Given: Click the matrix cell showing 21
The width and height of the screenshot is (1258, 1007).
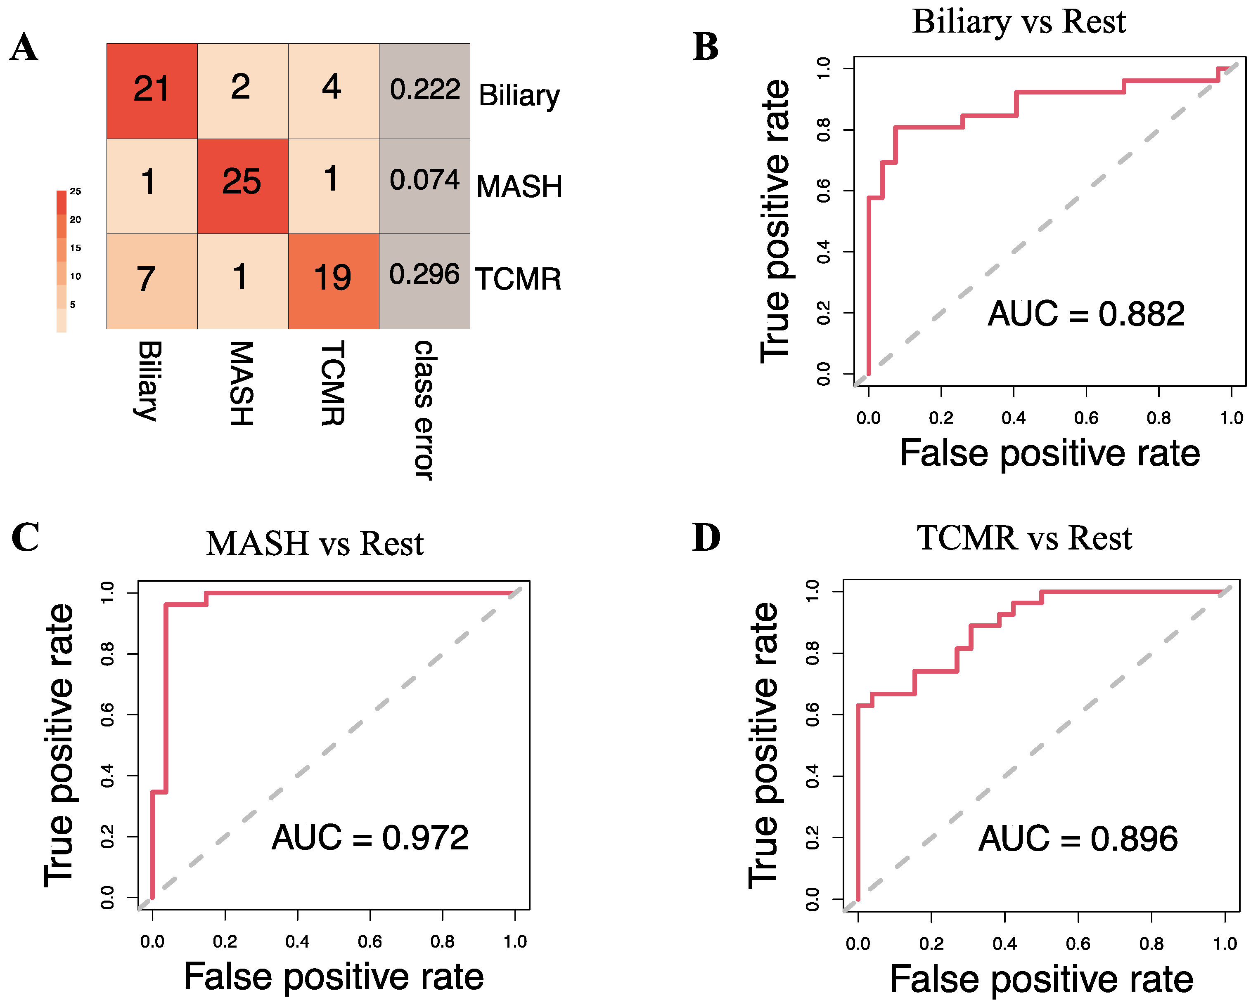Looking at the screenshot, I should pyautogui.click(x=152, y=90).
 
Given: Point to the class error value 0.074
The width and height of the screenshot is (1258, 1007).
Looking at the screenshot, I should pyautogui.click(x=425, y=179).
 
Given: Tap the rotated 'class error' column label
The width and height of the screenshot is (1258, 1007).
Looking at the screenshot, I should pyautogui.click(x=424, y=410).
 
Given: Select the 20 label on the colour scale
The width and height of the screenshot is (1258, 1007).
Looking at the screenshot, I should pyautogui.click(x=75, y=219).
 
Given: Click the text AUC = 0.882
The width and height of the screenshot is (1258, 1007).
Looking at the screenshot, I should pyautogui.click(x=1086, y=314).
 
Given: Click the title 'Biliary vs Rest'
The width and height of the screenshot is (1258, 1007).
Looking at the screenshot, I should pyautogui.click(x=1019, y=22).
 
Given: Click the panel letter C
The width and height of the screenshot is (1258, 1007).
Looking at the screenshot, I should pyautogui.click(x=25, y=537).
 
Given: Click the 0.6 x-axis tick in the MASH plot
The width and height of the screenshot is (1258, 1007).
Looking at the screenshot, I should pyautogui.click(x=370, y=941).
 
